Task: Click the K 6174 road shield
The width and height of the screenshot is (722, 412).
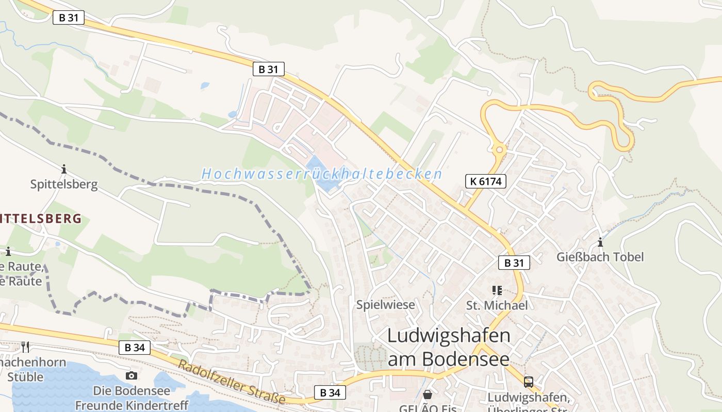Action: (485, 181)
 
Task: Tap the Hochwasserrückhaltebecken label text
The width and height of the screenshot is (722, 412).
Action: (322, 174)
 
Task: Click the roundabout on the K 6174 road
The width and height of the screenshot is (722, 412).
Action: (499, 150)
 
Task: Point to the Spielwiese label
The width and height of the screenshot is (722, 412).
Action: (385, 304)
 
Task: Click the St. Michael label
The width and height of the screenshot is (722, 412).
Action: (497, 305)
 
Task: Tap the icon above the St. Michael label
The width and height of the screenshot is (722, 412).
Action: (497, 290)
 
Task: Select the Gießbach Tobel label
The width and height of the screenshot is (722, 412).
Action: (600, 256)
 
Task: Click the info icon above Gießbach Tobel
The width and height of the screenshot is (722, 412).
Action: (600, 242)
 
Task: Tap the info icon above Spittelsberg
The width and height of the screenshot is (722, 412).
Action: (64, 169)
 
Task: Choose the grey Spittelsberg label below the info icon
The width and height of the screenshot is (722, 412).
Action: (64, 184)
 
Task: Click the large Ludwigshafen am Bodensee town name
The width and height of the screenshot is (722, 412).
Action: (448, 347)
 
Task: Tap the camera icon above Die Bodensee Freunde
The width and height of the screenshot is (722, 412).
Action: (132, 375)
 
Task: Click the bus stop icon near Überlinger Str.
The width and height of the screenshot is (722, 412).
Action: (529, 382)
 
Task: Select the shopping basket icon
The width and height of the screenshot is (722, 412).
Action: (428, 394)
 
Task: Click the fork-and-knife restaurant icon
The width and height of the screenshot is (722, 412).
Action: (25, 347)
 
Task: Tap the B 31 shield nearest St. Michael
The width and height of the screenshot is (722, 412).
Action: (514, 263)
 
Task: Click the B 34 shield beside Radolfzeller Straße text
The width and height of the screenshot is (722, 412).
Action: (330, 392)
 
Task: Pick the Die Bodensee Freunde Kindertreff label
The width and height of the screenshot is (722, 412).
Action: (132, 398)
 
